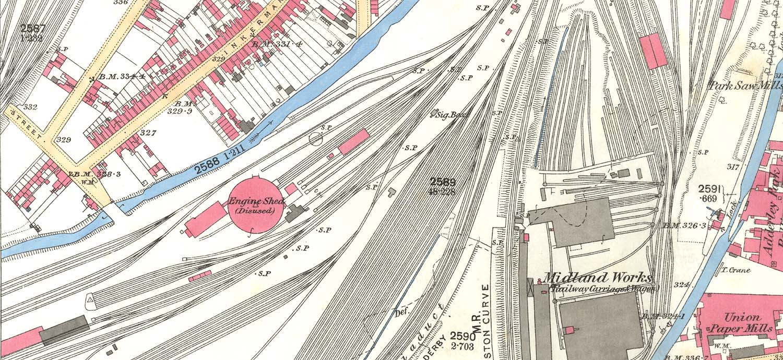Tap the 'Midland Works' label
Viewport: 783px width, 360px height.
click(x=597, y=278)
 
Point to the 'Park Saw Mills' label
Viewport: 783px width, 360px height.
click(x=745, y=86)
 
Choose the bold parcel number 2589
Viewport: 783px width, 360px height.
click(x=443, y=182)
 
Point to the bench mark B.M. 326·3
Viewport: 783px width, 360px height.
click(x=677, y=225)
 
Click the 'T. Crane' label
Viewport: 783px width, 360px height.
click(x=735, y=270)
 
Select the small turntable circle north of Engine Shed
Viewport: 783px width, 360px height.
click(x=315, y=138)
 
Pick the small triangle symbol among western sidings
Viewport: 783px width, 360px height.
click(x=89, y=299)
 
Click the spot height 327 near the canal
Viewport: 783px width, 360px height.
click(x=148, y=133)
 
